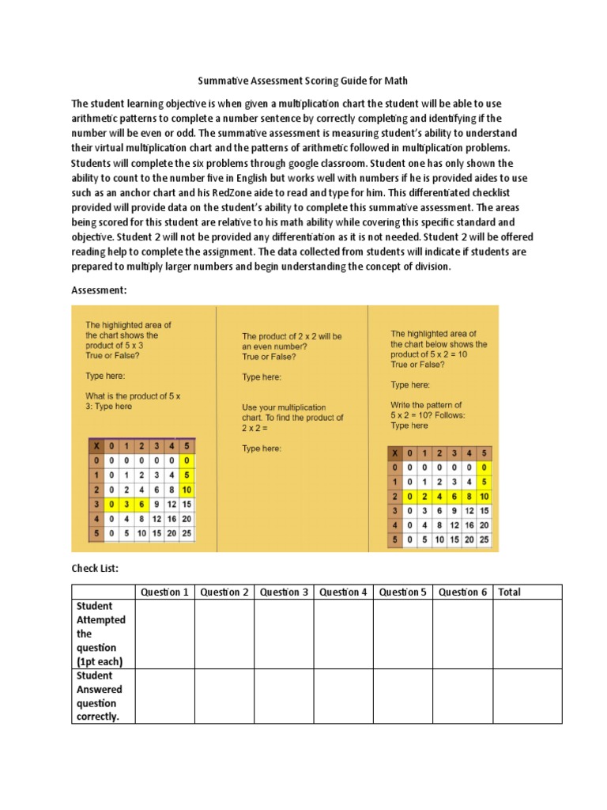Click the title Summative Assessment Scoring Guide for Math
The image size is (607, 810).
click(303, 81)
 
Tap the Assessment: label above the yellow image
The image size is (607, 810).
click(99, 290)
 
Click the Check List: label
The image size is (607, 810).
click(95, 569)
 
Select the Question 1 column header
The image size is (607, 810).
click(164, 592)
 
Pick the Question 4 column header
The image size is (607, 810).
click(343, 592)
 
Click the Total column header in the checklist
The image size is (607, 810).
click(510, 592)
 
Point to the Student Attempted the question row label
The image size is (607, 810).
click(101, 634)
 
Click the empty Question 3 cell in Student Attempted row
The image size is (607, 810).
click(284, 634)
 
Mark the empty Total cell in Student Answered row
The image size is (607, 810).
click(527, 696)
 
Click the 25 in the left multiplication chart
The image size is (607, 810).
click(187, 535)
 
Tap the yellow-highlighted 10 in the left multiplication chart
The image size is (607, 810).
click(187, 490)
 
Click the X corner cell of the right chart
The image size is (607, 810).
click(394, 453)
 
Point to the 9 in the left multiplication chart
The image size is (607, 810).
click(157, 505)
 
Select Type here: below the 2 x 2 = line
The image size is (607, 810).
click(262, 449)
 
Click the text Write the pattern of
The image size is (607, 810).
click(427, 405)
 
